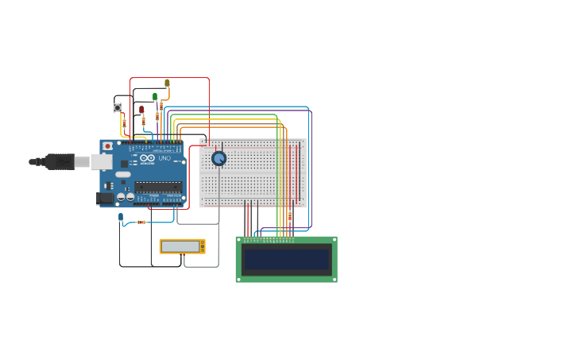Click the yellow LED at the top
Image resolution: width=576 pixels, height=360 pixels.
coord(167,83)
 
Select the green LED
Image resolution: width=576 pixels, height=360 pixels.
coord(155,96)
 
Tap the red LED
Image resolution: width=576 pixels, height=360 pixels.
coord(141,110)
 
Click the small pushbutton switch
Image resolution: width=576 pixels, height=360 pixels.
coord(118,107)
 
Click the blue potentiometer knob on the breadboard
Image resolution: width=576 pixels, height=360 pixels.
coord(218,158)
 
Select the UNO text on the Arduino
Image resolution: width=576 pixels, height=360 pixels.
coord(164,158)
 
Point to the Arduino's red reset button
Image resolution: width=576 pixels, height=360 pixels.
coord(108,146)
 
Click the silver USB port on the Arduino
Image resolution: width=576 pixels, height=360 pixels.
coord(101,162)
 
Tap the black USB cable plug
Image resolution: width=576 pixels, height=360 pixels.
coord(60,162)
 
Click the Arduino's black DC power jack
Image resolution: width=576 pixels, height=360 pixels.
coord(105,198)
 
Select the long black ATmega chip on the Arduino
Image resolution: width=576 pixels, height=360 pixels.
coord(158,187)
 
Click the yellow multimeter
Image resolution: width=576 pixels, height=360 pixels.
coord(182,246)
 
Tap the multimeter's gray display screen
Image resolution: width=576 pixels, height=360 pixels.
coord(180,246)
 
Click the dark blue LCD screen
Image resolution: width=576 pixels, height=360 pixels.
coord(286,259)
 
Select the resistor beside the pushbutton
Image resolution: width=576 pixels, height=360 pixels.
coord(124,123)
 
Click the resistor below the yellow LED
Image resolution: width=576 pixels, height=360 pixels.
coord(161,105)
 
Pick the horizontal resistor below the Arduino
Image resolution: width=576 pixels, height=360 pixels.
coord(141,222)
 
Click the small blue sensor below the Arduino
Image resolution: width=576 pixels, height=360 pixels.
coord(121,216)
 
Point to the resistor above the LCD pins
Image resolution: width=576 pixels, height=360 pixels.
coord(289,215)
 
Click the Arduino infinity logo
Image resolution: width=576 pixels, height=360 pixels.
coord(147,158)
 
